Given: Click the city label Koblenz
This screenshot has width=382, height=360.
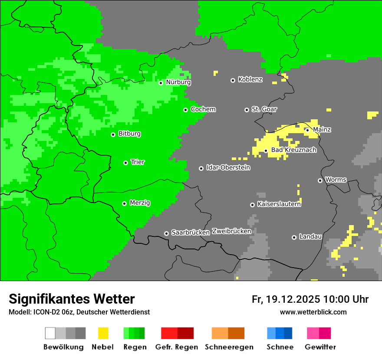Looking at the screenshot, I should click(250, 80).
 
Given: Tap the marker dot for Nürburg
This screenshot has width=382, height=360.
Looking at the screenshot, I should click(161, 83).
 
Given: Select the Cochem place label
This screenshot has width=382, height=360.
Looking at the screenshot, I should click(203, 109).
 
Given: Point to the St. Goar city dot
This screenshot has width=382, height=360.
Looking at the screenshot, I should click(247, 110).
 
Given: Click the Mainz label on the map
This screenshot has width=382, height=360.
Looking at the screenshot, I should click(322, 130).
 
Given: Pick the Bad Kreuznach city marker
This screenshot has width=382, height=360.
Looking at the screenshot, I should click(266, 151).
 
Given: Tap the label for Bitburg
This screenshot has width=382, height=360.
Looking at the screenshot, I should click(129, 134).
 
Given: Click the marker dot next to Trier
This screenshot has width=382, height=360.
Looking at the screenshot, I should click(125, 163).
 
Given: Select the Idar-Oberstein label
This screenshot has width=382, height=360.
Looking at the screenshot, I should click(228, 168).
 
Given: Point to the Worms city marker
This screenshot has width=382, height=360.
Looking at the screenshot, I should click(320, 180).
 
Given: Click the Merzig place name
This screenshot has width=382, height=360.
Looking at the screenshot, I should click(140, 203).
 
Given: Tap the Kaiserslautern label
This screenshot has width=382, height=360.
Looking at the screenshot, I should click(279, 204).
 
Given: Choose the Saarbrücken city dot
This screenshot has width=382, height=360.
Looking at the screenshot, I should click(166, 233).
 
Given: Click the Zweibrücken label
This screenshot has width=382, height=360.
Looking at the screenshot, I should click(231, 232).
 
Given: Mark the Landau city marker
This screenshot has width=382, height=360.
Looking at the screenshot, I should click(294, 237).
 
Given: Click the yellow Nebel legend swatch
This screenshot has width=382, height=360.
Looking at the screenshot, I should click(103, 333).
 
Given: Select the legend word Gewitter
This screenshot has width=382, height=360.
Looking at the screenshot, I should click(320, 347).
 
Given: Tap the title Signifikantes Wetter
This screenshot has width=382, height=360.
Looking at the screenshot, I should click(72, 299).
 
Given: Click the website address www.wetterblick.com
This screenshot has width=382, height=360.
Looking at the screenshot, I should click(313, 312).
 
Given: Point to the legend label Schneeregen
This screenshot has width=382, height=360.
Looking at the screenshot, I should click(229, 347).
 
